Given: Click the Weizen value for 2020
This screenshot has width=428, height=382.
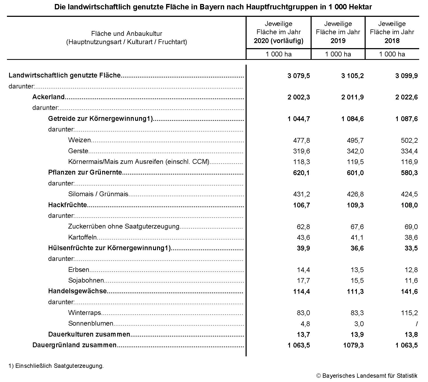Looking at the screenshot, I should (301, 140).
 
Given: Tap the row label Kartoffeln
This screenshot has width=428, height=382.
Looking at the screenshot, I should (82, 237).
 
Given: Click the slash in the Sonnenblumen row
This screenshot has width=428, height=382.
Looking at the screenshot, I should (416, 324).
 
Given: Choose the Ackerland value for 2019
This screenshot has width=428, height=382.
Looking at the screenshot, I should (352, 97).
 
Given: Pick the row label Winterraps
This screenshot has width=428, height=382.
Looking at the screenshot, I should (85, 313).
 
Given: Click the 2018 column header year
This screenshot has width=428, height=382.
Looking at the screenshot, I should (392, 41).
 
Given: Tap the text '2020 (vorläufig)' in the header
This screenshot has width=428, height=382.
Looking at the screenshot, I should (278, 41).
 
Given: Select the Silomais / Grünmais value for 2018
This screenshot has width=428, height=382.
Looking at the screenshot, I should (409, 194).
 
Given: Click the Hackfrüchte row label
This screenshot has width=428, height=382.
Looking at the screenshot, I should (67, 205).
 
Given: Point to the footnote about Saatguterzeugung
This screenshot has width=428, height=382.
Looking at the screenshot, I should (56, 366).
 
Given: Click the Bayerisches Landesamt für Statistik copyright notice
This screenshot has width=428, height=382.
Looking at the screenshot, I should (367, 376).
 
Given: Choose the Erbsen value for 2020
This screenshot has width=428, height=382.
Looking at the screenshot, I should (303, 270).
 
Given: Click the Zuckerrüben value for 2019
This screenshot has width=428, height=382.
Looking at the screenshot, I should (357, 227).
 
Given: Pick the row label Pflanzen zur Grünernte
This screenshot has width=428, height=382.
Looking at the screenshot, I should (85, 172).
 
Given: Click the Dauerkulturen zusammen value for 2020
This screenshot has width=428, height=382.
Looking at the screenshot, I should (303, 334).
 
